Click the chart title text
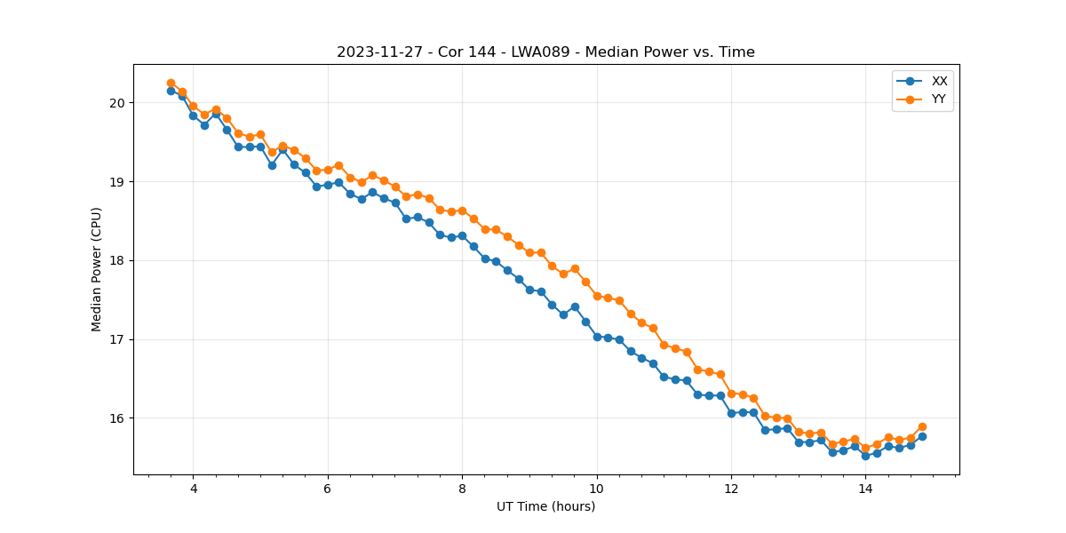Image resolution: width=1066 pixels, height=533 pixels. (x=545, y=52)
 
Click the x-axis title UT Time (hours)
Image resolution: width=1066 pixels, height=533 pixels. (x=545, y=506)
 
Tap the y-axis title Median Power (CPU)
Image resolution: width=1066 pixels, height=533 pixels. (x=97, y=269)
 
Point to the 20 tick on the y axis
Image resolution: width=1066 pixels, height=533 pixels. (x=117, y=103)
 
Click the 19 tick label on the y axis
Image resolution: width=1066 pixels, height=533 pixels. (x=117, y=182)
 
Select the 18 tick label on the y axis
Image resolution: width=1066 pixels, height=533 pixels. (x=117, y=261)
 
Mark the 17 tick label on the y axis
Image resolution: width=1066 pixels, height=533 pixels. (x=117, y=339)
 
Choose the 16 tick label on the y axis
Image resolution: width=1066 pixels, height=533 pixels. (x=117, y=418)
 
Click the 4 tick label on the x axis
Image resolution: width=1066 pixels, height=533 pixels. (x=193, y=489)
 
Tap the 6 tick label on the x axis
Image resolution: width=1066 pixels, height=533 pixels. (x=328, y=489)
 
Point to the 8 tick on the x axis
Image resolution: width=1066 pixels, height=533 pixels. (x=462, y=489)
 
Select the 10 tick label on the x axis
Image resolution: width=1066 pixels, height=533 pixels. (x=597, y=489)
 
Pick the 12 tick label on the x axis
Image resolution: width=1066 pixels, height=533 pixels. (x=731, y=489)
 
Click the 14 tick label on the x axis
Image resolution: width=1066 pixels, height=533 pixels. (x=865, y=489)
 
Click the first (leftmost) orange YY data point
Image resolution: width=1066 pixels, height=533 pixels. (x=171, y=84)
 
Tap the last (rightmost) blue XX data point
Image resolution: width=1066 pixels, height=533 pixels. (x=922, y=436)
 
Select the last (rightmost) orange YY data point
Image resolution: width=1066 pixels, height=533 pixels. (x=922, y=426)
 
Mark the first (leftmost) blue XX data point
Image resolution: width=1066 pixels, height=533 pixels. (x=171, y=91)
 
